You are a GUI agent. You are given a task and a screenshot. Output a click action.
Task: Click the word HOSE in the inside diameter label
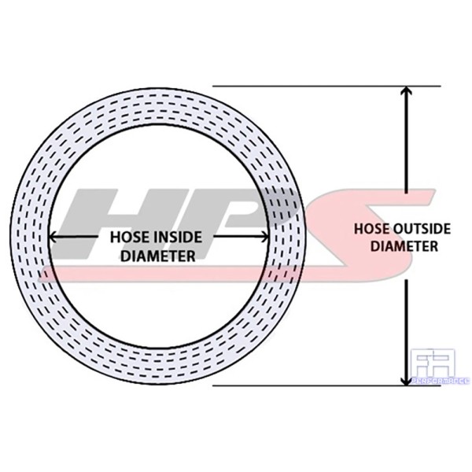(x=127, y=237)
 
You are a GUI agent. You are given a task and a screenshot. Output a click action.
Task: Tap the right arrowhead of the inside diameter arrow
(x=265, y=237)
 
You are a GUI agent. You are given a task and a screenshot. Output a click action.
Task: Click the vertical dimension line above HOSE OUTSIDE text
(x=406, y=149)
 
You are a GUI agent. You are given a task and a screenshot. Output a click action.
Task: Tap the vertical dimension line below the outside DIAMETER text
(x=406, y=323)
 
